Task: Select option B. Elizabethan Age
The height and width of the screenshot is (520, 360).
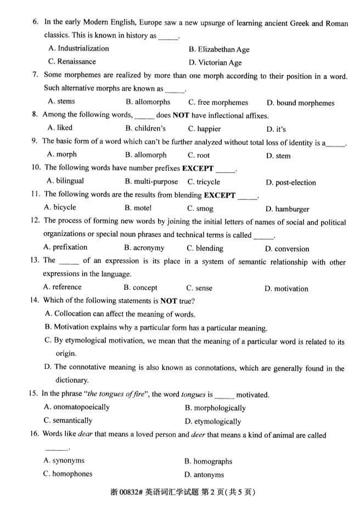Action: [218, 49]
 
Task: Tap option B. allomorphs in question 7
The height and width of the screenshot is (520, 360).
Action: [148, 102]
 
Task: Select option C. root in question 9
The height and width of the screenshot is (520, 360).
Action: [199, 155]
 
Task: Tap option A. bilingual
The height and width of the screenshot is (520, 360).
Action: [65, 181]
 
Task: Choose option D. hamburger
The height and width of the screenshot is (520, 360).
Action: [287, 209]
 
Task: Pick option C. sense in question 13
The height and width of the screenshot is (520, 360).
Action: [199, 288]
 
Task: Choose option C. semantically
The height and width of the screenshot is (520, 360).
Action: [68, 421]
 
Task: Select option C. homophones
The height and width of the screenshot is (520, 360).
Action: [68, 474]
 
